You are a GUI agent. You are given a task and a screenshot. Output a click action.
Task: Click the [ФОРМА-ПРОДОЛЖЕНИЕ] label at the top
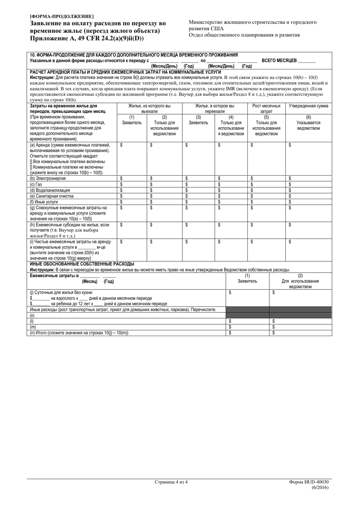tap(62, 16)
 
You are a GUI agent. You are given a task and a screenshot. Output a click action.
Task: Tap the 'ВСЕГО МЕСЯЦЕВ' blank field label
tap(279, 61)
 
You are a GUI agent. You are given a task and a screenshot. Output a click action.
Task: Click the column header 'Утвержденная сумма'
tap(308, 106)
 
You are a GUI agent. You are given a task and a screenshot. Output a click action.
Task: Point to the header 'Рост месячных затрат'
tap(266, 109)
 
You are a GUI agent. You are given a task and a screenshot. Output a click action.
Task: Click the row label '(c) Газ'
tap(36, 184)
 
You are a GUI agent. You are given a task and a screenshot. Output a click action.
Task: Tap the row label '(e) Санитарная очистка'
tap(52, 196)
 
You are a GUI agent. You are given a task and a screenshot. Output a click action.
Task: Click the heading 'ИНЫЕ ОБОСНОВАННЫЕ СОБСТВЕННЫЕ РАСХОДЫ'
tap(82, 264)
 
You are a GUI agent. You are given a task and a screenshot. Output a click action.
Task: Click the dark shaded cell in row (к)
tap(247, 315)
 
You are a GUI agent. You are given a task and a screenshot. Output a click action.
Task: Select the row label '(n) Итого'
tap(79, 333)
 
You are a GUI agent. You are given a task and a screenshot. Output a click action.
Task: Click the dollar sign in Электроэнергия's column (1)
tap(121, 178)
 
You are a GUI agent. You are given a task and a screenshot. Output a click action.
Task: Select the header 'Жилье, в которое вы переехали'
tap(214, 109)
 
